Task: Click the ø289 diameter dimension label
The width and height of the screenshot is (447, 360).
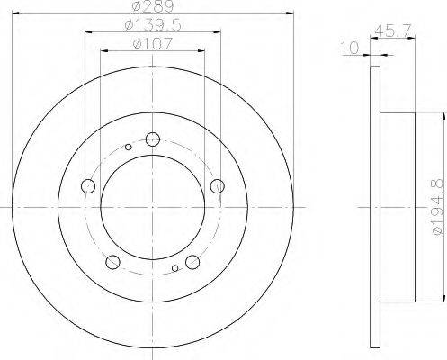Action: (153, 6)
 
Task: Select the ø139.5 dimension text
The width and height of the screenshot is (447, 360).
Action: (153, 25)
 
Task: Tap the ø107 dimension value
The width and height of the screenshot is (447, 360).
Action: (153, 44)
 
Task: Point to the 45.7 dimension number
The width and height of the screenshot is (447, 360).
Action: (394, 31)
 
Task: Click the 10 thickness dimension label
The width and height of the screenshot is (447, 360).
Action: (350, 48)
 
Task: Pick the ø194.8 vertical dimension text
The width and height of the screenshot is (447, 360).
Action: (438, 207)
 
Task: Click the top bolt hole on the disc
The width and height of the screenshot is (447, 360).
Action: (153, 139)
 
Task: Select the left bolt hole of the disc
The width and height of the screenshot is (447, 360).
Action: (88, 186)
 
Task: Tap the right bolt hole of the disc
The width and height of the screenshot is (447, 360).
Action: (218, 186)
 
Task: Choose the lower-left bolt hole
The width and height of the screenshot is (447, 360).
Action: (113, 262)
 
